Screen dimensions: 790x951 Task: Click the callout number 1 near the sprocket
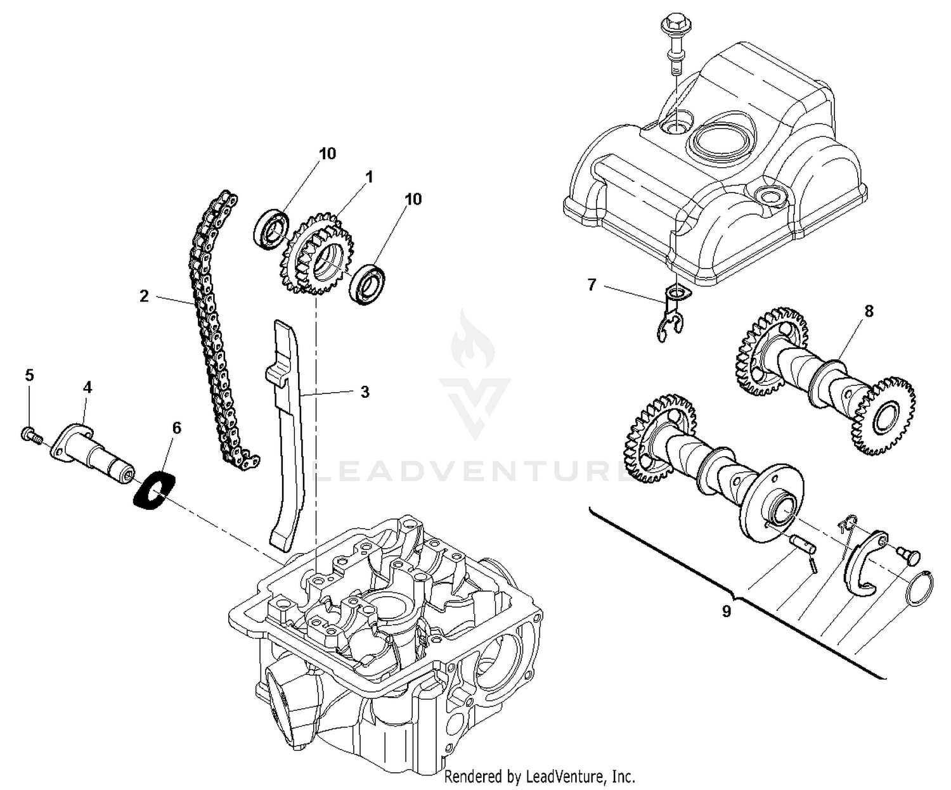point(369,177)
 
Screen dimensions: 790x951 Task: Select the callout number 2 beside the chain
point(145,296)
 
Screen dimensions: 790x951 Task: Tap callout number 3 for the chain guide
point(365,392)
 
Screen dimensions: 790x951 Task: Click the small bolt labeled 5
point(29,435)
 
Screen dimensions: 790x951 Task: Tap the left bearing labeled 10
point(272,225)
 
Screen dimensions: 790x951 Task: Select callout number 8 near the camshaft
point(868,311)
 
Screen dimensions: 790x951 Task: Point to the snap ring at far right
point(919,589)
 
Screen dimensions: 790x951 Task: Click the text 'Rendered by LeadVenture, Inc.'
point(540,776)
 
